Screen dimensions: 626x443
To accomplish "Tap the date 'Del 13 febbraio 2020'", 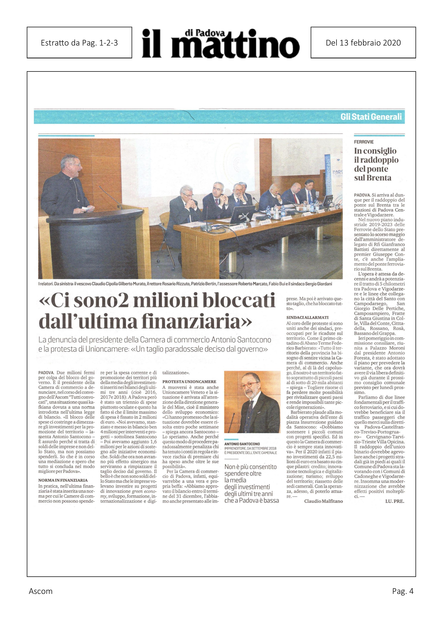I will (x=363, y=43).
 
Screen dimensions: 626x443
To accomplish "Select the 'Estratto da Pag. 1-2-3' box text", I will (x=79, y=43).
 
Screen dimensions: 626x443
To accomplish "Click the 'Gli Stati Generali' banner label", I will (x=371, y=117).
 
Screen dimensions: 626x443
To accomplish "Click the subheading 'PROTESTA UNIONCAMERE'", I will (x=189, y=382).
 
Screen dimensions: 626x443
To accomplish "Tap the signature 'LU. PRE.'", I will (x=394, y=501).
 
